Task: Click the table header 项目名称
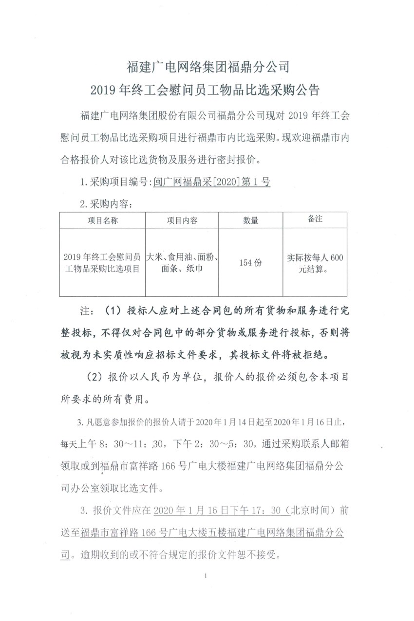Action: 102,220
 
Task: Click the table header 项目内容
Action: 182,220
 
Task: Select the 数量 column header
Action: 250,220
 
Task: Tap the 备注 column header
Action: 315,219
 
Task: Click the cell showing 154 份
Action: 250,262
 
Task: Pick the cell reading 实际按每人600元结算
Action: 315,263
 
